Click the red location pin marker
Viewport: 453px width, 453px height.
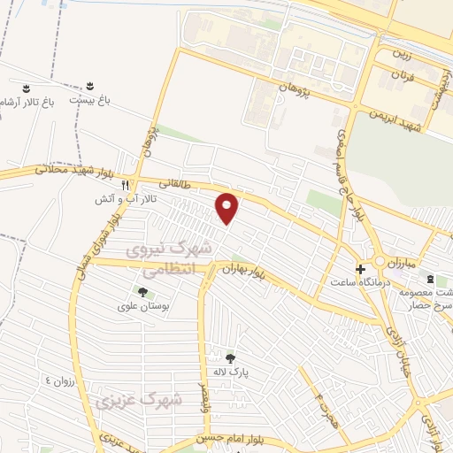[228, 208]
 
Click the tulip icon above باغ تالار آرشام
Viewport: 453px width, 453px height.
[27, 88]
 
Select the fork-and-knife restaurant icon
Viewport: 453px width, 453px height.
[125, 185]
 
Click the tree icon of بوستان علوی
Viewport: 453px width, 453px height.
[142, 292]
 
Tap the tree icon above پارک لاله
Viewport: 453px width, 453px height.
[231, 357]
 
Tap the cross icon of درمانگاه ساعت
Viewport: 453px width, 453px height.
[360, 268]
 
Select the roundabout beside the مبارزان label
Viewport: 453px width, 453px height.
[386, 262]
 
